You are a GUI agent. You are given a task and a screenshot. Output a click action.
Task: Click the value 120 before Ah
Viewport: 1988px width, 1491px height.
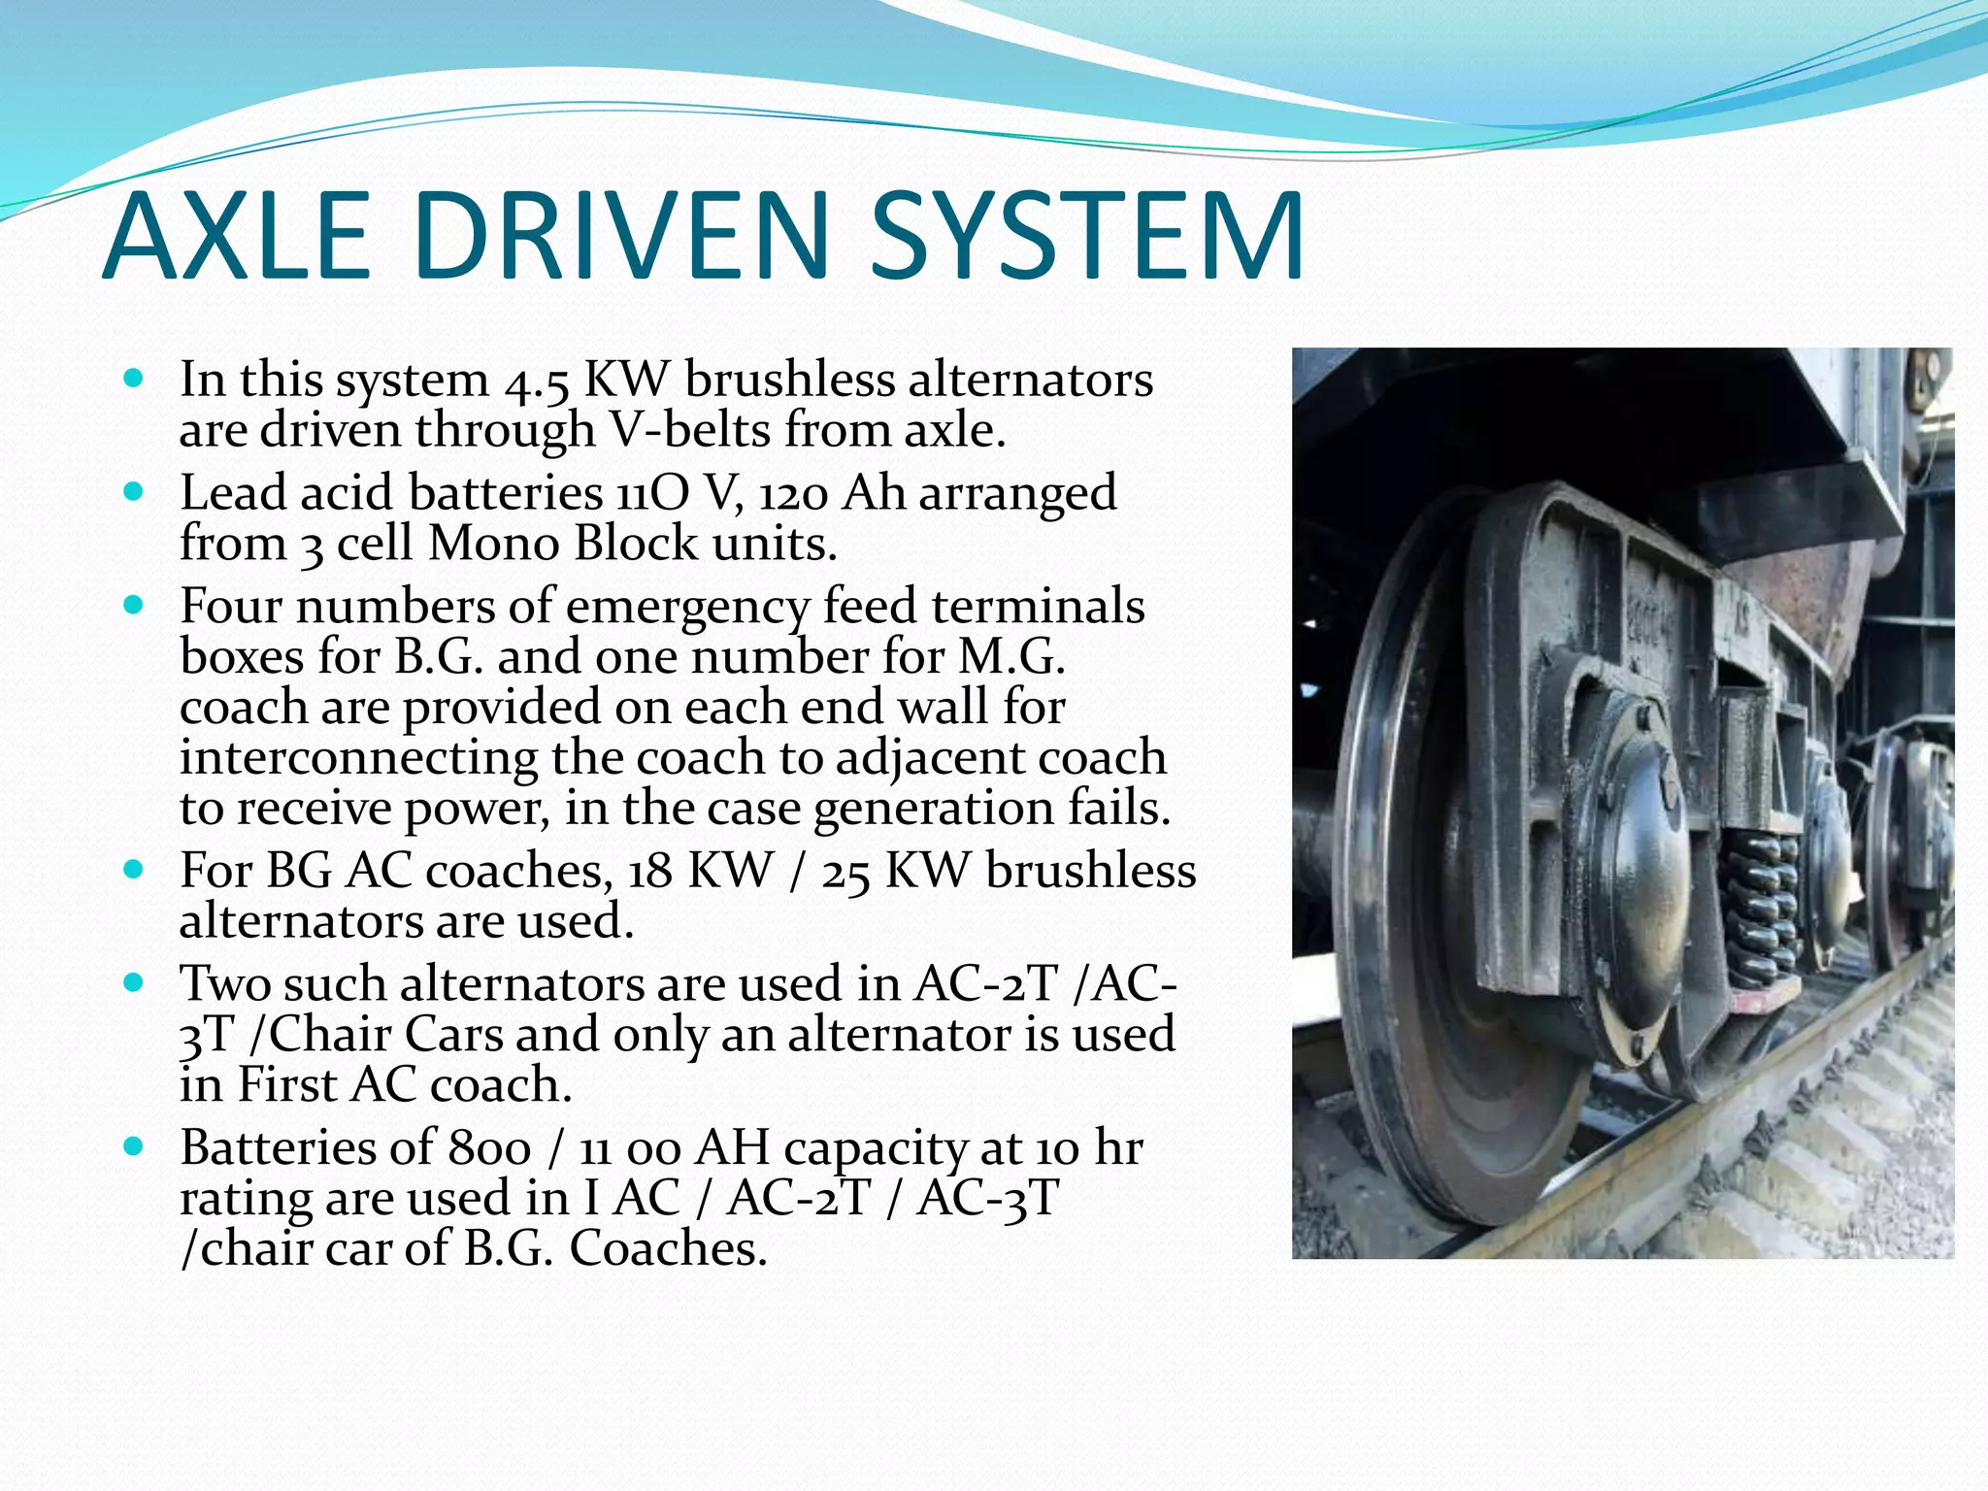(792, 494)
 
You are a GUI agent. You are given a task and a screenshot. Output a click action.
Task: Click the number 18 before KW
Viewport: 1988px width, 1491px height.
(649, 871)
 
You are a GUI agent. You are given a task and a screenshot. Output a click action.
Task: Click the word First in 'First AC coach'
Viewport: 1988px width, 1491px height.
(287, 1085)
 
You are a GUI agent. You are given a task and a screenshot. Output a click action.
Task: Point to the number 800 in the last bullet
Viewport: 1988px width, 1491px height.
(489, 1148)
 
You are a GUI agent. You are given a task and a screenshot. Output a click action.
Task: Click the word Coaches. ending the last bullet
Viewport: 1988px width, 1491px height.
(668, 1249)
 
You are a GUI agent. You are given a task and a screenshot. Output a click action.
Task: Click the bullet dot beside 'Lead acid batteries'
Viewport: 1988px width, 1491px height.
(134, 492)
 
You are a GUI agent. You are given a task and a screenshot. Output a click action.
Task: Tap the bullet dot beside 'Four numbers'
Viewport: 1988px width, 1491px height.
(134, 606)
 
